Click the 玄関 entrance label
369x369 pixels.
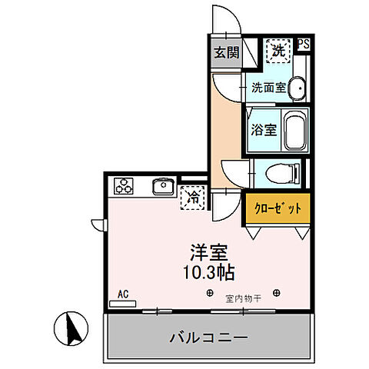coord(226,54)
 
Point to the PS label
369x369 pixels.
coord(304,45)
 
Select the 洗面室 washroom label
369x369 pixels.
coord(268,87)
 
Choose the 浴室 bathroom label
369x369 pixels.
coord(264,130)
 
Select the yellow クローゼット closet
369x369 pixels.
coord(278,208)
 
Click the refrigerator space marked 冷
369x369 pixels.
coord(192,198)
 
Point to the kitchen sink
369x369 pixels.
coord(162,186)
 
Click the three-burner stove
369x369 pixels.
coord(124,185)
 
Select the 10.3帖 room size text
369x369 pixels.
coord(208,272)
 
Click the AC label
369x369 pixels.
coord(123,293)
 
